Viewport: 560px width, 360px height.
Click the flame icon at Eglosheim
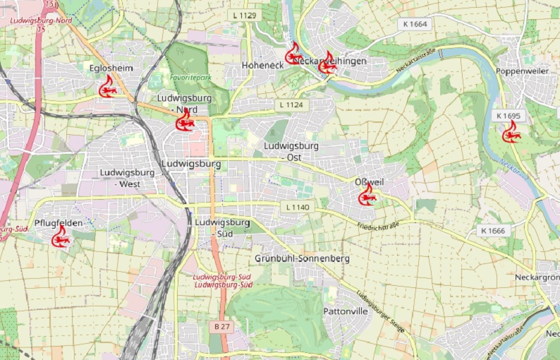(x=107, y=88)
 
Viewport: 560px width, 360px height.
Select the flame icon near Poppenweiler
(x=511, y=132)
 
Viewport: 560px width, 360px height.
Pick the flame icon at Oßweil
(x=367, y=195)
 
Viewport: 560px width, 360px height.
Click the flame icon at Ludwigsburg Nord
(x=185, y=121)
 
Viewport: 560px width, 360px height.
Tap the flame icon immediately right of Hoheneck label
(x=293, y=54)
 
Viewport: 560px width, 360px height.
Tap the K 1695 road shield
(x=508, y=115)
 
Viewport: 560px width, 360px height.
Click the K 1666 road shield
(x=492, y=231)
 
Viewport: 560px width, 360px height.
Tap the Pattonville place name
(x=346, y=311)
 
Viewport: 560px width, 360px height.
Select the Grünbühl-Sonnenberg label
(x=302, y=259)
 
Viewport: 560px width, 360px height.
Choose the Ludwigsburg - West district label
(x=130, y=178)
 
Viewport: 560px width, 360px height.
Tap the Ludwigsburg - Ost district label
(x=291, y=151)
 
